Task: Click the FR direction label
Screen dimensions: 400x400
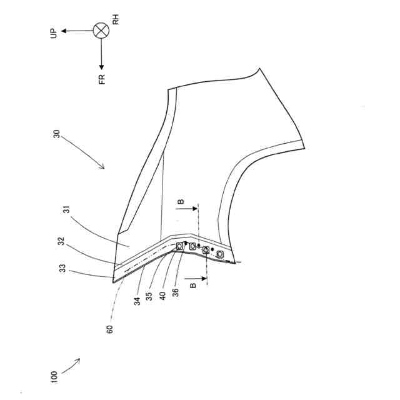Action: [102, 79]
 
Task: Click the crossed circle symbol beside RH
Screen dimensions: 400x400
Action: [101, 30]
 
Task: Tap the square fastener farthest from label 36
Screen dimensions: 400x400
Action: [220, 255]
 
